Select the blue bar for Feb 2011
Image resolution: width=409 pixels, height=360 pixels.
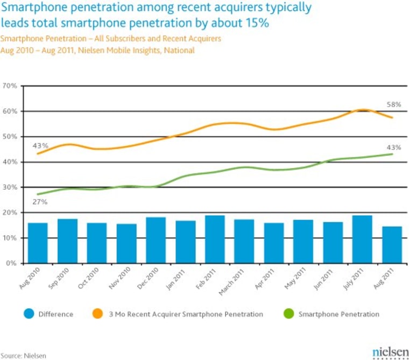coord(215,239)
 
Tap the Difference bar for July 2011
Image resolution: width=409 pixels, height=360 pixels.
coord(362,239)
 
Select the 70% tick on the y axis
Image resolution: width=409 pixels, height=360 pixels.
coord(11,86)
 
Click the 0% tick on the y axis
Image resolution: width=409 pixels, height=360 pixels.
coord(13,264)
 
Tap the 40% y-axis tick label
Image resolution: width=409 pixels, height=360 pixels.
coord(11,162)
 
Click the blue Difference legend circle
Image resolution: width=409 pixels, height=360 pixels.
coord(30,314)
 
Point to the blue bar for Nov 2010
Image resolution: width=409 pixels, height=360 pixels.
coord(126,244)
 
